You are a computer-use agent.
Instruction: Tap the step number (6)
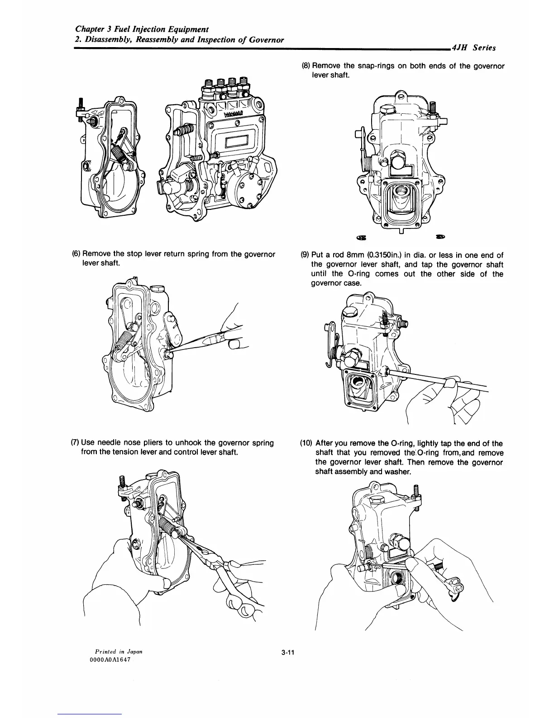point(76,254)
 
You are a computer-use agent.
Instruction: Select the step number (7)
point(76,442)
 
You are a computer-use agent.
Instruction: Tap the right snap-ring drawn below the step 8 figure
point(439,236)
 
